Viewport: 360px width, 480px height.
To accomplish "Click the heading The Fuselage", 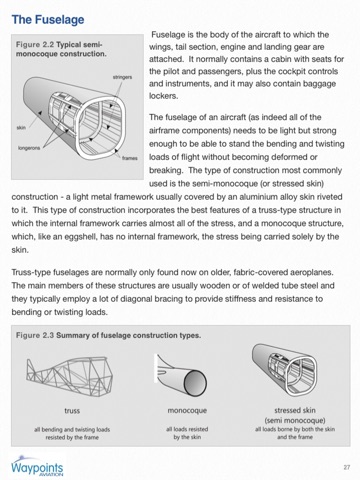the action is [48, 20].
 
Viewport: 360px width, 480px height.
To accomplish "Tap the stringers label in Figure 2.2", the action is [122, 77].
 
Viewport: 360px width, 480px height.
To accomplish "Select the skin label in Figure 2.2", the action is [21, 128].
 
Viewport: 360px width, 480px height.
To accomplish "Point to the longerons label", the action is [29, 148].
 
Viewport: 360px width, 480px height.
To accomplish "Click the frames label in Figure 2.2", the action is [130, 158].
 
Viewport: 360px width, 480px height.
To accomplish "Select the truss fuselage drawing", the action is [69, 375].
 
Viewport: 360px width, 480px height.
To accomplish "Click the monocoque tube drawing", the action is [181, 375].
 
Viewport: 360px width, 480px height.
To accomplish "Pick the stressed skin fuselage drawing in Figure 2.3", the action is [284, 370].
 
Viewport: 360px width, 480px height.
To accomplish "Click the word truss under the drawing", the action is [72, 411].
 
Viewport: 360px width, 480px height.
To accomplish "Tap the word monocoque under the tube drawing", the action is [187, 411].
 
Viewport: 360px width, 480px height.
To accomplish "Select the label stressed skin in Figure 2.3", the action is [295, 410].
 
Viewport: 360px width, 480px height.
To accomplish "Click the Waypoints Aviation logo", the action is [37, 467].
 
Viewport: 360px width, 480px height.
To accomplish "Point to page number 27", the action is [347, 467].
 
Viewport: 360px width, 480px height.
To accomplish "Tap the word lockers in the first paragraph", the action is [163, 96].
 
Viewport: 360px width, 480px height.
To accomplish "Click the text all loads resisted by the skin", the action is [187, 433].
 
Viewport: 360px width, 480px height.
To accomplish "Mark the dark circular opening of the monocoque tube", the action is [196, 383].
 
